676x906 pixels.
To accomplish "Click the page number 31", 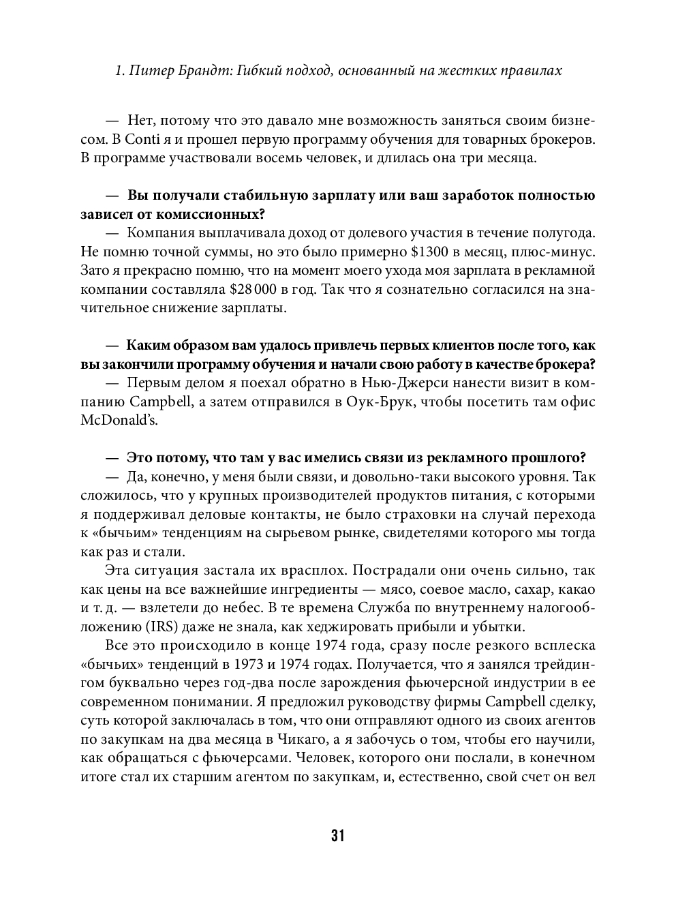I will (x=338, y=836).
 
